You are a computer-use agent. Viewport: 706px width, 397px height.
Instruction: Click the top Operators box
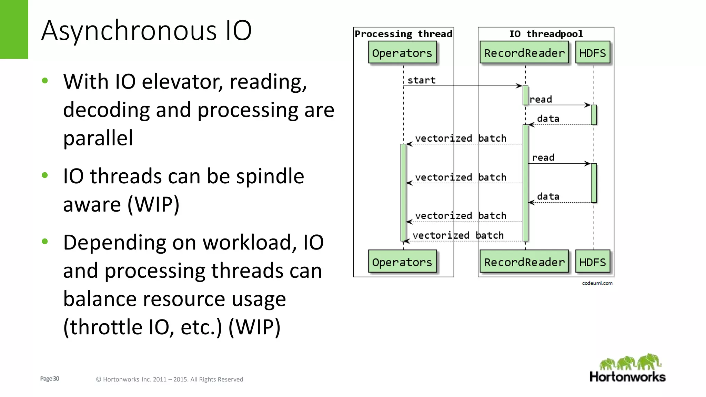pyautogui.click(x=402, y=53)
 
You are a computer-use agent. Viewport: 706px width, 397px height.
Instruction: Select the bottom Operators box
pyautogui.click(x=402, y=262)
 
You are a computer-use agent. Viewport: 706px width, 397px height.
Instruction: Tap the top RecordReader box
pyautogui.click(x=524, y=53)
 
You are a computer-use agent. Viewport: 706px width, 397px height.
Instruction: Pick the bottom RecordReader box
pyautogui.click(x=524, y=262)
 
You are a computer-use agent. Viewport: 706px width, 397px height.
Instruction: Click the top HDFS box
pyautogui.click(x=592, y=53)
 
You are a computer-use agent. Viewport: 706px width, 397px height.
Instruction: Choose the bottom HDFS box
pyautogui.click(x=592, y=262)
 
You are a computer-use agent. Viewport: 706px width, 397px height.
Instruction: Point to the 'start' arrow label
pyautogui.click(x=421, y=80)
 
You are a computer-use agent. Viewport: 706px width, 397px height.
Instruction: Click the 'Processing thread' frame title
pyautogui.click(x=403, y=34)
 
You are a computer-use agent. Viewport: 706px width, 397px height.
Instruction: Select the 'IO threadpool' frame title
pyautogui.click(x=546, y=34)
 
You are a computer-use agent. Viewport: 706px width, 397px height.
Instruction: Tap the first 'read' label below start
pyautogui.click(x=541, y=100)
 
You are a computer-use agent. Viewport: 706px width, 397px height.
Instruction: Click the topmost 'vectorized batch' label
pyautogui.click(x=461, y=139)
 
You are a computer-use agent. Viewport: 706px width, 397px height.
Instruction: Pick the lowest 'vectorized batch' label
pyautogui.click(x=458, y=236)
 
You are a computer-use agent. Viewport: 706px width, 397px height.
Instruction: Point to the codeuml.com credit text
pyautogui.click(x=597, y=283)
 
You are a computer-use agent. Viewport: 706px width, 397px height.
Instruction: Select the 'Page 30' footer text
pyautogui.click(x=50, y=379)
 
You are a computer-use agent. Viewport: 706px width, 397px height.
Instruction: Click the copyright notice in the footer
pyautogui.click(x=169, y=379)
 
